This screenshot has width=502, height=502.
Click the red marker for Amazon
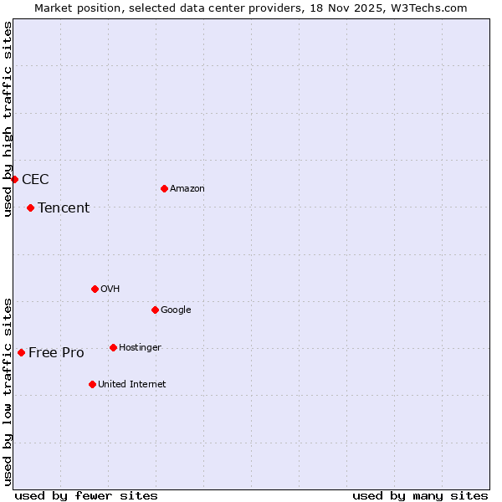point(164,188)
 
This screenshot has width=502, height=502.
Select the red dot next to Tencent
point(30,207)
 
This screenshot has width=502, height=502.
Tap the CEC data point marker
point(14,179)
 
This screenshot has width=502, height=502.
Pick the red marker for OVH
point(95,289)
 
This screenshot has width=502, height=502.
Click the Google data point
point(155,310)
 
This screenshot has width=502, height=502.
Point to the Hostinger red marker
point(113,347)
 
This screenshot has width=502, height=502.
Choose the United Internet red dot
point(92,384)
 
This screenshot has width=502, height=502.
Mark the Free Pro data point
point(21,352)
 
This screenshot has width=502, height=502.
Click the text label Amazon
point(187,189)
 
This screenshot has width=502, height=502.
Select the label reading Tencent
point(64,208)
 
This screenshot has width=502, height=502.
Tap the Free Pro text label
point(56,353)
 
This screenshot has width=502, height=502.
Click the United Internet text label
point(131,385)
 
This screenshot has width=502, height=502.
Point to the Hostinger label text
point(140,348)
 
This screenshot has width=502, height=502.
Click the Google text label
point(176,310)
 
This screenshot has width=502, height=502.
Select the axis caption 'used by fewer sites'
point(86,495)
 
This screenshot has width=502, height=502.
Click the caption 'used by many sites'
point(420,495)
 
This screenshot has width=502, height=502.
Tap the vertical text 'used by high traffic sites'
point(8,119)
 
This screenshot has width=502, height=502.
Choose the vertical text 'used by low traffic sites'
point(8,392)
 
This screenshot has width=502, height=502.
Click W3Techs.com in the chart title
point(430,8)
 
